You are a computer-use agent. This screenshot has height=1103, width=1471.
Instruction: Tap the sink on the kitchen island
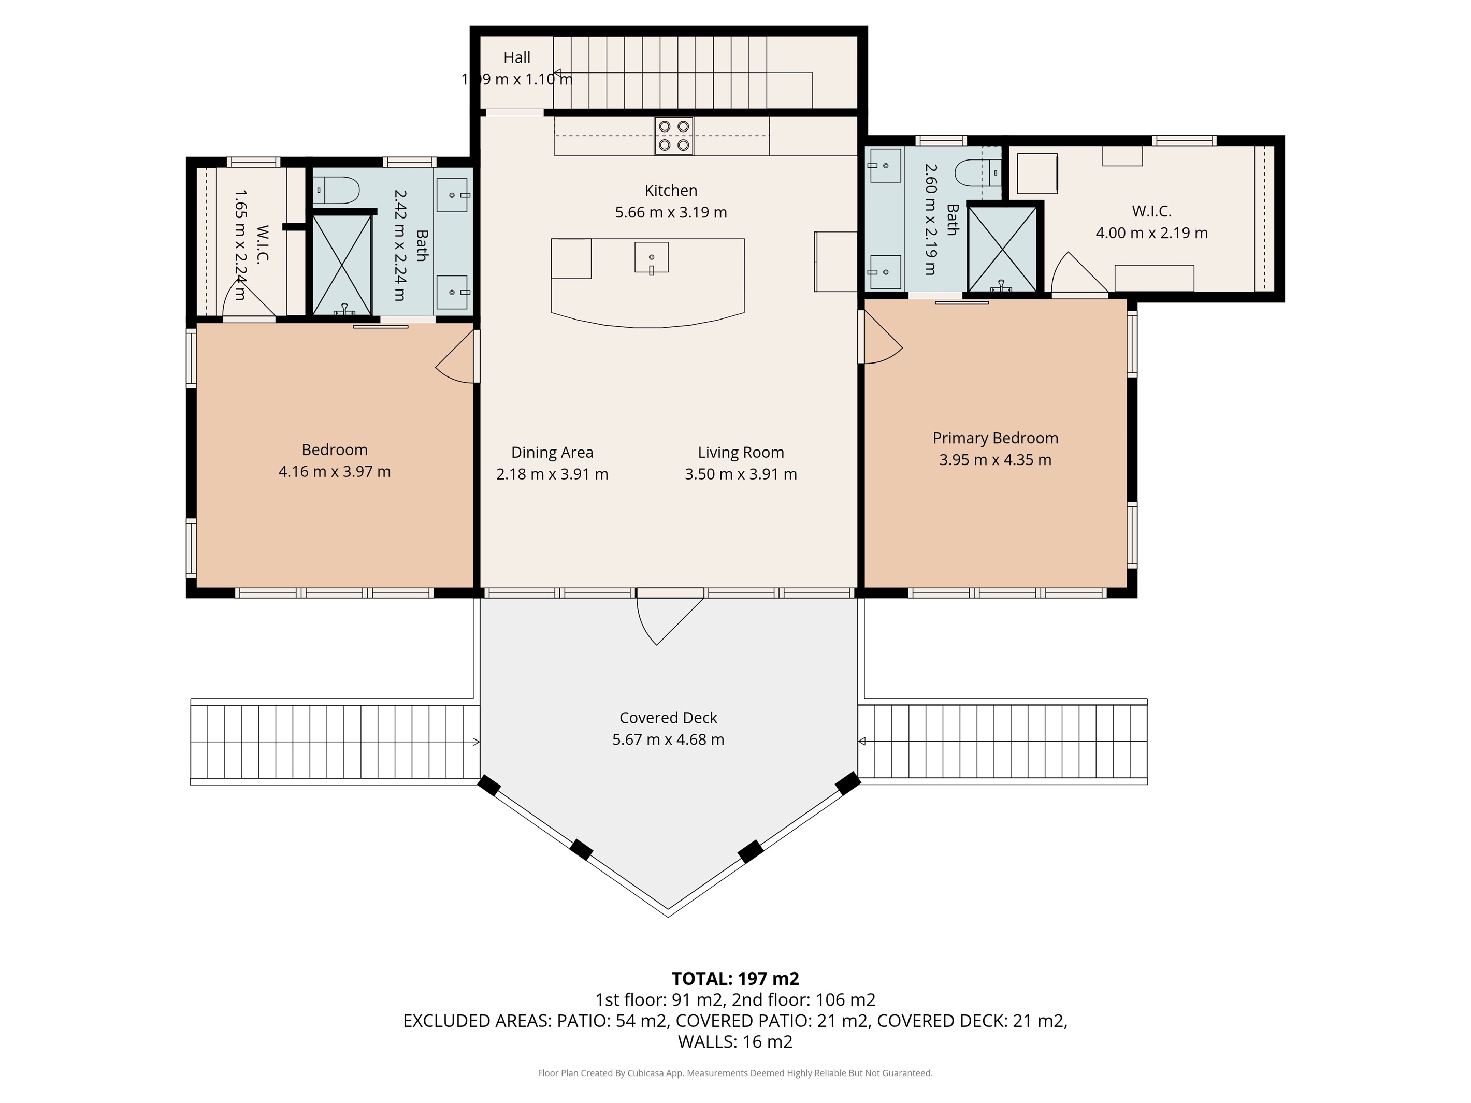pyautogui.click(x=651, y=258)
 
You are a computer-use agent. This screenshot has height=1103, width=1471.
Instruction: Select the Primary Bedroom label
pyautogui.click(x=995, y=438)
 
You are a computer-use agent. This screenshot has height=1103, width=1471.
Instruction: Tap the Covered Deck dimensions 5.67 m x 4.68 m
pyautogui.click(x=668, y=739)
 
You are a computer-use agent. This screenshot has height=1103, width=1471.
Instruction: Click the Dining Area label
pyautogui.click(x=552, y=452)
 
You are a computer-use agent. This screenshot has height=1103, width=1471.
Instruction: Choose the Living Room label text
pyautogui.click(x=740, y=452)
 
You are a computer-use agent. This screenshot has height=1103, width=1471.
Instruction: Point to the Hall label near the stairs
pyautogui.click(x=517, y=58)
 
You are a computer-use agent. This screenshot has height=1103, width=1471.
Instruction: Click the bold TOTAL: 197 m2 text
pyautogui.click(x=735, y=979)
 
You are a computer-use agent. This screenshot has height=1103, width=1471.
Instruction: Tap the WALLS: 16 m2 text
pyautogui.click(x=735, y=1042)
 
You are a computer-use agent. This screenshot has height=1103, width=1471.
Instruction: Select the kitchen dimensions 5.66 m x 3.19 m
pyautogui.click(x=670, y=212)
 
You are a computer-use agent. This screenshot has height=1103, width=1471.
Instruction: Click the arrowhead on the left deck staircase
pyautogui.click(x=475, y=742)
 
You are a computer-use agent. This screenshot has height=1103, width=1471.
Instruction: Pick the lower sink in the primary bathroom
pyautogui.click(x=885, y=272)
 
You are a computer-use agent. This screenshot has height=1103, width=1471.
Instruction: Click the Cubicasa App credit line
pyautogui.click(x=735, y=1073)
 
